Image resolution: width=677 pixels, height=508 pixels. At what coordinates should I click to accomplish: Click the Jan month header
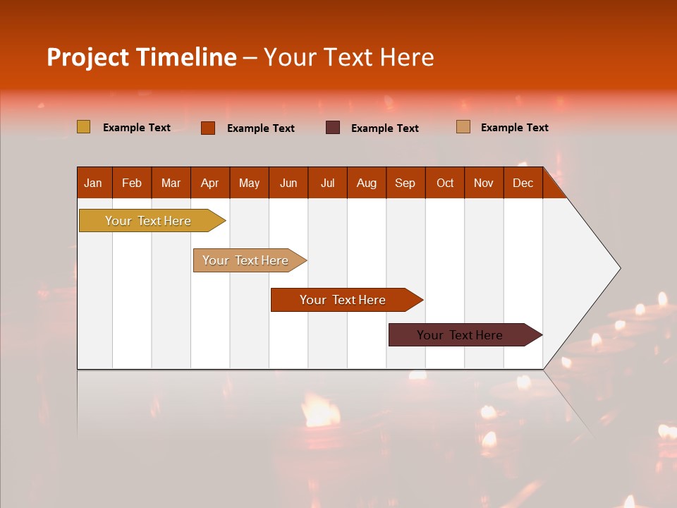point(94,183)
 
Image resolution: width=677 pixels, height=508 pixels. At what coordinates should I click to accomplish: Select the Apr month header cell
point(210,183)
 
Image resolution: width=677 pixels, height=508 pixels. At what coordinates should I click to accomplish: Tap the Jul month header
point(327,183)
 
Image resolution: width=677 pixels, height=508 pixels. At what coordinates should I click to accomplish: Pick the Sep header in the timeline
point(405,183)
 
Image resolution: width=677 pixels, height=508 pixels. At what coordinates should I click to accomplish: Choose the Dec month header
point(523,183)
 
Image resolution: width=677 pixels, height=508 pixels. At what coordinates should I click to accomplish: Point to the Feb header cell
point(132,183)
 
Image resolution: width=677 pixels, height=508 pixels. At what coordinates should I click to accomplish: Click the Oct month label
point(445,183)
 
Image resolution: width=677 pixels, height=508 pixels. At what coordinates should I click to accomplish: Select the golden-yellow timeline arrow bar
point(148,221)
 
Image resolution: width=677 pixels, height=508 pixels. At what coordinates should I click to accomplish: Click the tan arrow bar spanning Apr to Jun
point(245,260)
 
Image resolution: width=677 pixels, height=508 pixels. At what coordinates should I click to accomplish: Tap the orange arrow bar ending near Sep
point(343,300)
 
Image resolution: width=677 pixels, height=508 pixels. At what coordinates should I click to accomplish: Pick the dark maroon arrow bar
point(460,335)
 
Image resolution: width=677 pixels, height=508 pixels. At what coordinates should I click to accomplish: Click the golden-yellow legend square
point(84,127)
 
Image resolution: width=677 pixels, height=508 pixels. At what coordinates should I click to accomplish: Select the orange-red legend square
point(208,128)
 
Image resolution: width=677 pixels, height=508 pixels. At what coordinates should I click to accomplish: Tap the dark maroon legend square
point(333,128)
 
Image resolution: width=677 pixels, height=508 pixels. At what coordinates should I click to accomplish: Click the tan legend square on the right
point(463,127)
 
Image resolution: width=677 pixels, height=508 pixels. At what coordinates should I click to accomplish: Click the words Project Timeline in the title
point(141,57)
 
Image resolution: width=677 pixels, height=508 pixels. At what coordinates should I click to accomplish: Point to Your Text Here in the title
point(348,57)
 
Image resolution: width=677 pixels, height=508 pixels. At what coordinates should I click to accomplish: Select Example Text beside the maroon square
point(385,128)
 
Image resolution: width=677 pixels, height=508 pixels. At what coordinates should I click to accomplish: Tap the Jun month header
point(288,183)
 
